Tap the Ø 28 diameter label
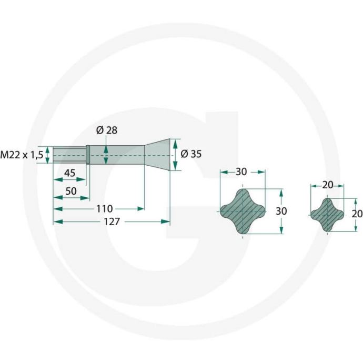(107, 130)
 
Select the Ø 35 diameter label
(190, 154)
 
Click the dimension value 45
(69, 173)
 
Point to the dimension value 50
(72, 190)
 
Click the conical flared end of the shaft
(158, 155)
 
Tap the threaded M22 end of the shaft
(68, 155)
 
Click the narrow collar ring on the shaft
(88, 155)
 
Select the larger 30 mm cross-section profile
(243, 211)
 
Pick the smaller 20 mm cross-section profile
(327, 214)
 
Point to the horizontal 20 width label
(327, 185)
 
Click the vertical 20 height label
(357, 214)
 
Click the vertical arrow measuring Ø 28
(106, 155)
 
